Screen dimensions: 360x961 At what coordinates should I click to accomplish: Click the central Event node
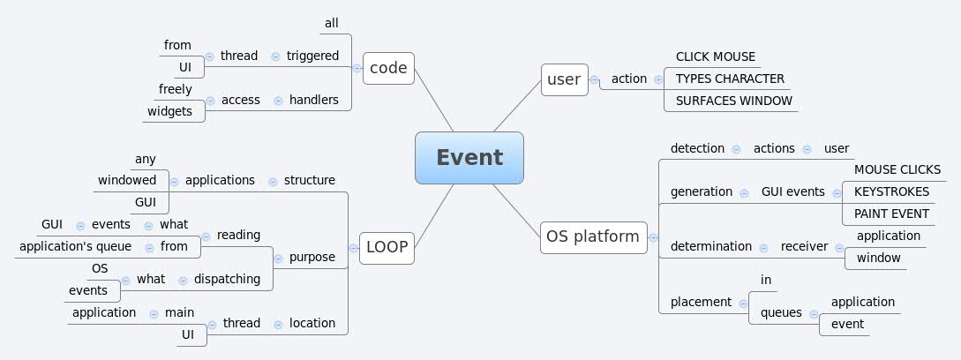coord(469,158)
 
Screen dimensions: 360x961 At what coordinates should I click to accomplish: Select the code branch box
coord(388,68)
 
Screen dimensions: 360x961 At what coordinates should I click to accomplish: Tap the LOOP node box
coord(387,247)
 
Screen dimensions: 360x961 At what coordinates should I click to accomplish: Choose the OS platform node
coord(593,236)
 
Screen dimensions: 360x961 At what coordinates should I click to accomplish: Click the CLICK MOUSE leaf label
coord(716,56)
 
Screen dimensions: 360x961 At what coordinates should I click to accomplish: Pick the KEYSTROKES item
coord(885,191)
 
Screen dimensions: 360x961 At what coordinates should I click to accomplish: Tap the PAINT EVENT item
coord(891,214)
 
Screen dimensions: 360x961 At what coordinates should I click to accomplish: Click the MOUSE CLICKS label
coord(897,169)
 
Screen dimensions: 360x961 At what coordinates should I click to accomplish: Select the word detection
coord(697,148)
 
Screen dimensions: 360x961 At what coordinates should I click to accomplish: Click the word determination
coord(711,246)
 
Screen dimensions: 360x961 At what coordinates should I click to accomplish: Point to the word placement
coord(701,302)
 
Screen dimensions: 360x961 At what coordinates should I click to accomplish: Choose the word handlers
coord(313,100)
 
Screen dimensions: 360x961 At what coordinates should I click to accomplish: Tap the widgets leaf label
coord(169,111)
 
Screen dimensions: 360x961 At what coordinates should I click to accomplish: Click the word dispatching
coord(227,279)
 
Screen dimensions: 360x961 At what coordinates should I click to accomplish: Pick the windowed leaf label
coord(127,180)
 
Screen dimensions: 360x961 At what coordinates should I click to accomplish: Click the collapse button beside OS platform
coord(653,236)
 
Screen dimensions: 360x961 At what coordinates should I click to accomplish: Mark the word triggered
coord(312,56)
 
